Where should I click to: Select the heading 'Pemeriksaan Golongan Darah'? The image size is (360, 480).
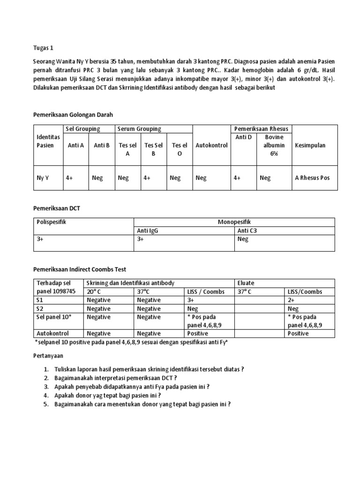(73, 114)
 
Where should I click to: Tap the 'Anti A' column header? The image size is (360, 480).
(75, 145)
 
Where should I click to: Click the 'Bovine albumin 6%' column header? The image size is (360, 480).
(274, 145)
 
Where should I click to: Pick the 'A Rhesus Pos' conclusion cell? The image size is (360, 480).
(312, 178)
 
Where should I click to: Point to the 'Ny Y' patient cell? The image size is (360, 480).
(43, 178)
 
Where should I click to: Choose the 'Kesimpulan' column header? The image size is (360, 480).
(310, 145)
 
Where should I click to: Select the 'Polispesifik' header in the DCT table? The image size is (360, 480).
(52, 222)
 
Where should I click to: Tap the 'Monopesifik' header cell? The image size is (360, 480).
(234, 222)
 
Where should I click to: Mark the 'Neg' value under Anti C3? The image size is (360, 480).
(243, 239)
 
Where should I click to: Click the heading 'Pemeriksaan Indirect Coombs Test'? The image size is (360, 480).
(80, 270)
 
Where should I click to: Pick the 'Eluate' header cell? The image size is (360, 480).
(247, 283)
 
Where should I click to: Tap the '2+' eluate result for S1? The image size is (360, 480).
(292, 300)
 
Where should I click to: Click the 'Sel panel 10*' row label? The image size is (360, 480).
(53, 317)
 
